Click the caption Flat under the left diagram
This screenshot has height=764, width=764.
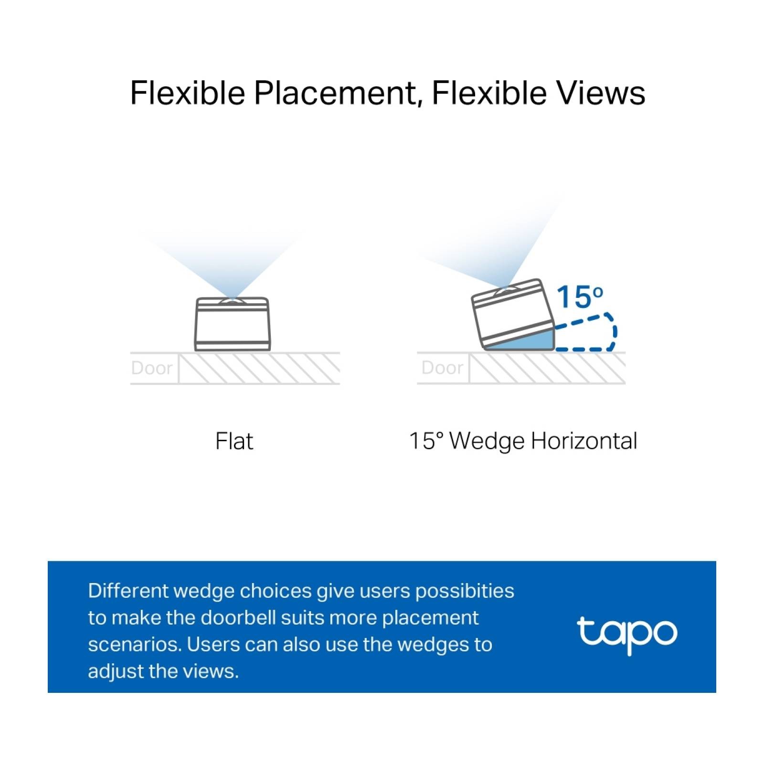coord(234,441)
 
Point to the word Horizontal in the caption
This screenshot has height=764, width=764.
coord(584,441)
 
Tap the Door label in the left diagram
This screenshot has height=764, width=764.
coord(151,368)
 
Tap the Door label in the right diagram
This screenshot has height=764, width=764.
coord(442,368)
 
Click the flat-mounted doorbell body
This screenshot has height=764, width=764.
coord(232,324)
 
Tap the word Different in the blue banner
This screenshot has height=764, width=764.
coord(127,591)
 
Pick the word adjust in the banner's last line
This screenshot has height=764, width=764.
coord(116,671)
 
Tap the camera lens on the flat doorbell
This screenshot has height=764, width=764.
coord(232,301)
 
